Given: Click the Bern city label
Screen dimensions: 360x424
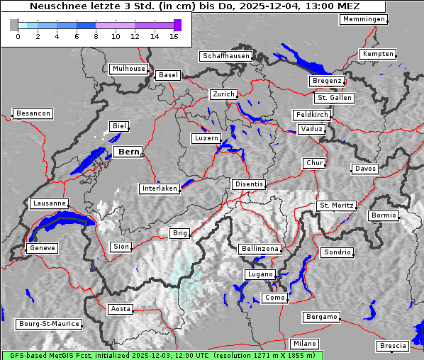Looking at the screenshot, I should coord(128,152).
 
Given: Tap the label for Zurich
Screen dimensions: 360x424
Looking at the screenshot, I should coord(223,94).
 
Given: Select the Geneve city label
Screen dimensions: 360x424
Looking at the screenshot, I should coord(41,248).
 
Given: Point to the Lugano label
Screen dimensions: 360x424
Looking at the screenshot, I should coord(260,274).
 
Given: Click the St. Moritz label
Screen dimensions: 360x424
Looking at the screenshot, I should coord(336,206).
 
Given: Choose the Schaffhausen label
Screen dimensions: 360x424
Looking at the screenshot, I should coord(225,56).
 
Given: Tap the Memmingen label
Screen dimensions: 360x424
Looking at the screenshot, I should coord(364,19).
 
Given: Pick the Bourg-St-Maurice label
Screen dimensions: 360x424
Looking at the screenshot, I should coord(48,323).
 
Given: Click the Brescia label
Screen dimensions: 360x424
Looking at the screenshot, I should coord(393,346).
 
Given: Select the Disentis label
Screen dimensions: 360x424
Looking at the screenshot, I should coord(249,184).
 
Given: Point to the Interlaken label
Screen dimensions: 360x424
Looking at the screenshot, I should coord(159,189).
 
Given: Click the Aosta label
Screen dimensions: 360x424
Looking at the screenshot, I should coord(121,309).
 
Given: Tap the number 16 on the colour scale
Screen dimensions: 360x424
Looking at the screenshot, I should coord(174,37).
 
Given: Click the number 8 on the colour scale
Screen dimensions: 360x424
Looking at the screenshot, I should coord(96,37).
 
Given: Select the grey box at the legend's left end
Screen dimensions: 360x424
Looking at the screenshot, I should coord(14,25).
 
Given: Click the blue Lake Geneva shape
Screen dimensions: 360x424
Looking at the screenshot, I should coord(60,225).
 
